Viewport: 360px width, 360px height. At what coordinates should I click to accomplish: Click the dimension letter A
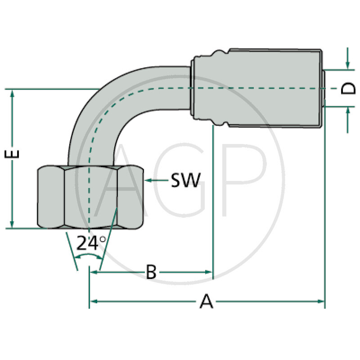coord(206,301)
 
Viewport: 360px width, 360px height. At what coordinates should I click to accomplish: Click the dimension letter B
coord(151,272)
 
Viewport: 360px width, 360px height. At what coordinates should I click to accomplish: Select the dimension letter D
coord(347,89)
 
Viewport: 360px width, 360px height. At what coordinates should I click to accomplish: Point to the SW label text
coord(185,180)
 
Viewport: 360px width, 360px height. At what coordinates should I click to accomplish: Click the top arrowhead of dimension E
coord(12,93)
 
